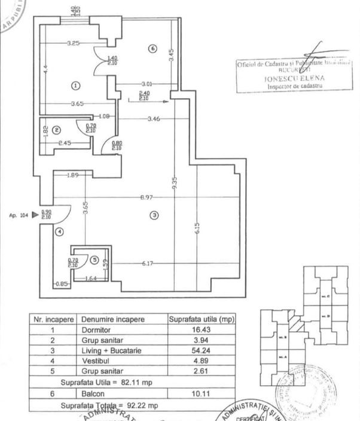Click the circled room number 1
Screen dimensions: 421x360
[75, 86]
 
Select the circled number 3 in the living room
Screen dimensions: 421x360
[154, 215]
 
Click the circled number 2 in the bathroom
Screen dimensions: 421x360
[56, 129]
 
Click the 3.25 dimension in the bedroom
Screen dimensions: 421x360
[74, 43]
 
